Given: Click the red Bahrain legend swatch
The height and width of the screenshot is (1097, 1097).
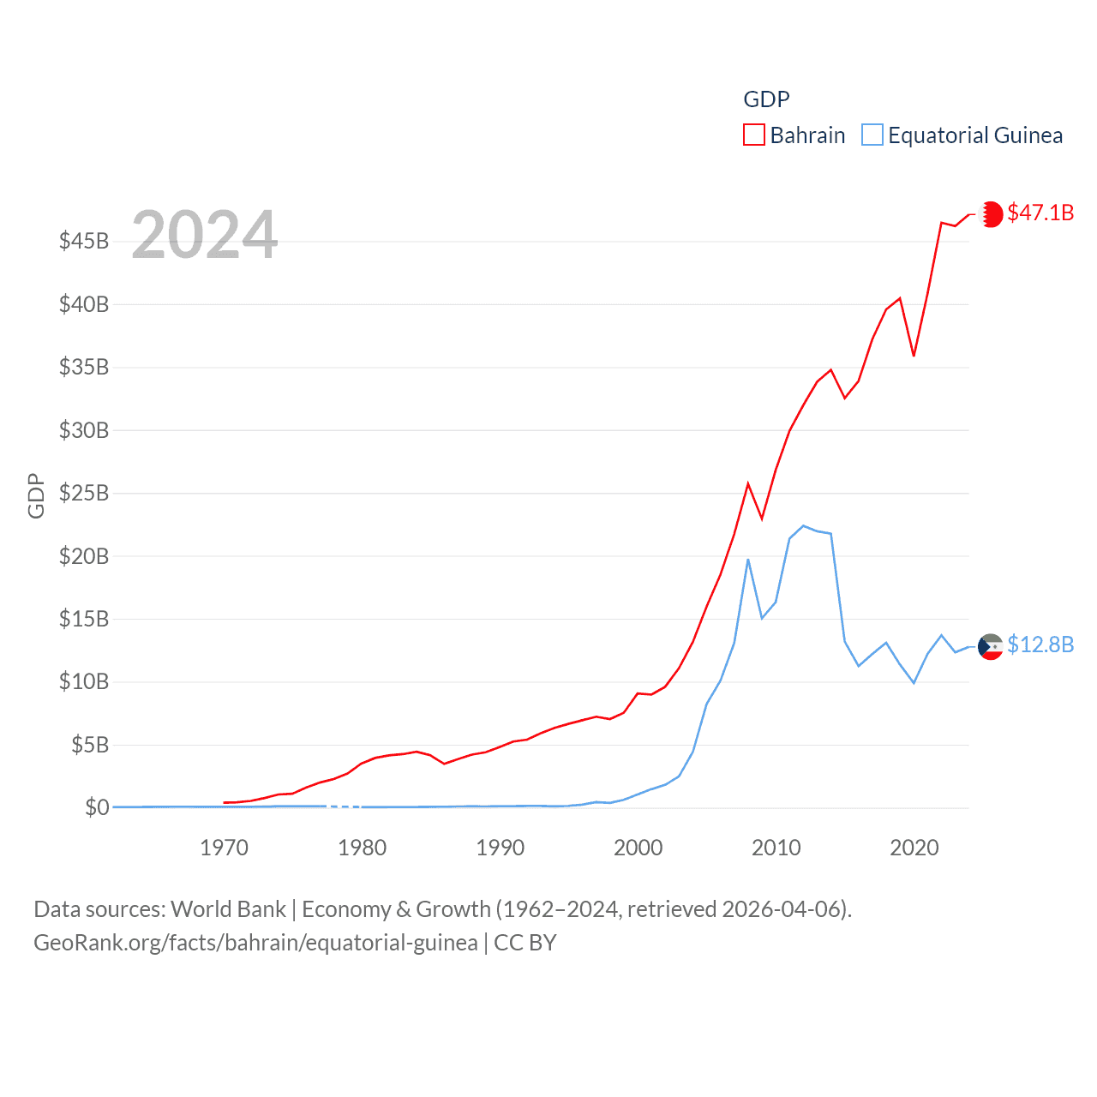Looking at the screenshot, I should [x=753, y=135].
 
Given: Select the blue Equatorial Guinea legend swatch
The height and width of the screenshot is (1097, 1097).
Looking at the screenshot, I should [x=872, y=135].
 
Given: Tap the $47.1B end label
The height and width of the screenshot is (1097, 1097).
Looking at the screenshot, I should [x=1040, y=213].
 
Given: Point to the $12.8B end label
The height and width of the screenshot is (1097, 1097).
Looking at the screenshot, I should [x=1040, y=644].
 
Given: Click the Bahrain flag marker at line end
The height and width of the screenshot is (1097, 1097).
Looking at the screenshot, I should [x=991, y=213].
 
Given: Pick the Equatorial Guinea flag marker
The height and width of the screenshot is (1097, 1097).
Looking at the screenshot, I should [x=991, y=647].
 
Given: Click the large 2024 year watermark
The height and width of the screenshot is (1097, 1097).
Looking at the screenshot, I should [x=205, y=235].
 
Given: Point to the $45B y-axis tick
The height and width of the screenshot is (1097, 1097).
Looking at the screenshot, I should [x=84, y=241].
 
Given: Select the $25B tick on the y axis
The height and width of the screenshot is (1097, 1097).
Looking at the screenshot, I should [x=84, y=493].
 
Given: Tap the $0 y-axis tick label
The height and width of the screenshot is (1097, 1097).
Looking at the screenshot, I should [x=97, y=807].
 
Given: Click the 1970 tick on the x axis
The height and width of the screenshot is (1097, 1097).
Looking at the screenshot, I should [x=224, y=848].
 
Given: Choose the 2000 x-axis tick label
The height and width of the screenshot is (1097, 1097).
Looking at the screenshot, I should [x=638, y=848].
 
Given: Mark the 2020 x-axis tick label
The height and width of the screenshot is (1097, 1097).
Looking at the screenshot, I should [x=914, y=848].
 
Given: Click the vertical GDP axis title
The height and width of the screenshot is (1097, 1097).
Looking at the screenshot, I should [x=36, y=495].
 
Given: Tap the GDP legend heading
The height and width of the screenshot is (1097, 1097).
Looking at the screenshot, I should [x=766, y=99].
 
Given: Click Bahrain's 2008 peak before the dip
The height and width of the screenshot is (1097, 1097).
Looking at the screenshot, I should [x=748, y=483].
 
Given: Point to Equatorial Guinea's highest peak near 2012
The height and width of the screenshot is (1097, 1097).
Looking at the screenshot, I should [x=803, y=525].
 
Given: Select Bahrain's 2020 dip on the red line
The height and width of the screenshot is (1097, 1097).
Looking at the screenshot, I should [x=914, y=355].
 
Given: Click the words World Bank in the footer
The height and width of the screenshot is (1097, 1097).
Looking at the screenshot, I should [x=228, y=909].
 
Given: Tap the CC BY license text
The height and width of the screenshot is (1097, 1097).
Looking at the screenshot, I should [x=525, y=943].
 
